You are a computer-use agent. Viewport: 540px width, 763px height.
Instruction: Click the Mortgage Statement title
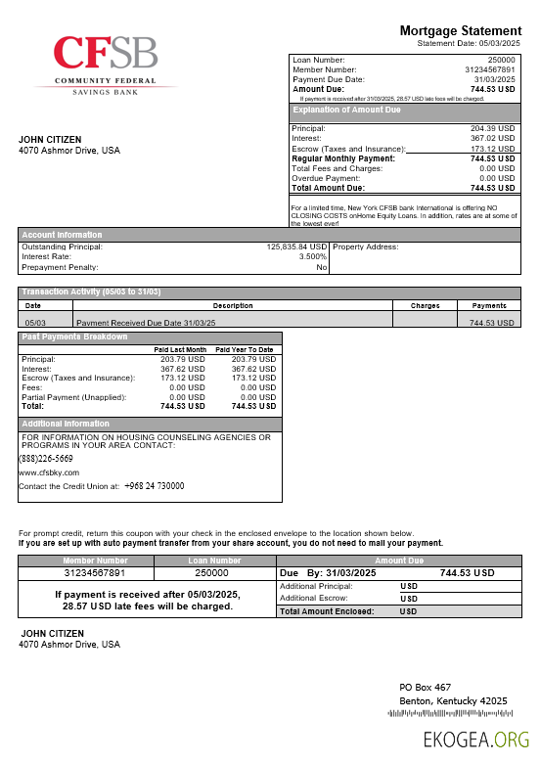(x=461, y=31)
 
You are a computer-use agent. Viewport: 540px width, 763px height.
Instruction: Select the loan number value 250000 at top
(x=501, y=61)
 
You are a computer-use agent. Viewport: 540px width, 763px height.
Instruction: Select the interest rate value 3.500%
(x=311, y=256)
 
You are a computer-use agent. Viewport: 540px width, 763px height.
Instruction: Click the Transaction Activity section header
(x=92, y=292)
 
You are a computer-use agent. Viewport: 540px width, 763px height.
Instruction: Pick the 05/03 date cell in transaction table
(x=35, y=322)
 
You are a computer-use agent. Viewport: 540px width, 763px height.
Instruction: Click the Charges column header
(x=425, y=306)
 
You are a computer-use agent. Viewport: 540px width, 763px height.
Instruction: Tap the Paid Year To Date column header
(x=245, y=349)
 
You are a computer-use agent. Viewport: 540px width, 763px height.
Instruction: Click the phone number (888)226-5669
(x=45, y=459)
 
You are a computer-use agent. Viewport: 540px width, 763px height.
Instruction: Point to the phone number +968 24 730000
(x=154, y=486)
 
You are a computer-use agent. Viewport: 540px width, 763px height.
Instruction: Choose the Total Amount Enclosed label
(x=326, y=611)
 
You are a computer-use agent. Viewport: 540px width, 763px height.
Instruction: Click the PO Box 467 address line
(x=425, y=688)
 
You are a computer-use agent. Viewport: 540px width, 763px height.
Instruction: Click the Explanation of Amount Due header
(x=346, y=111)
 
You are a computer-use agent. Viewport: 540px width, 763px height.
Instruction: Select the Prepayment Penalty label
(x=62, y=267)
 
